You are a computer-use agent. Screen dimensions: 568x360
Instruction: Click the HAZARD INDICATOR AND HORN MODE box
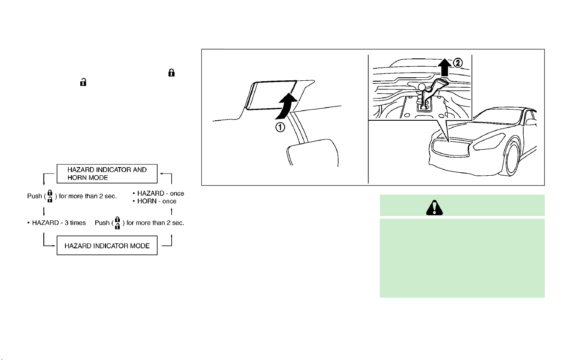coord(107,174)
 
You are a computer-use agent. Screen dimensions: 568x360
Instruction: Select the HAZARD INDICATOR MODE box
coord(107,246)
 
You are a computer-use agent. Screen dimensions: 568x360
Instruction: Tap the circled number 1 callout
coord(280,127)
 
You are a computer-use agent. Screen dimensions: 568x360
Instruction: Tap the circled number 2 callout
coord(458,63)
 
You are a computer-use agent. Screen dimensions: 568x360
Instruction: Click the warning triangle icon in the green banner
coord(434,208)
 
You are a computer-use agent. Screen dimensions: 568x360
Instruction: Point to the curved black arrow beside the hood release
coord(286,107)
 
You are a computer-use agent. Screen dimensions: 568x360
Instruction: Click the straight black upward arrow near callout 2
coord(444,67)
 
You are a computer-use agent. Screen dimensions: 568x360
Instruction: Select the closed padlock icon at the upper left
coord(171,73)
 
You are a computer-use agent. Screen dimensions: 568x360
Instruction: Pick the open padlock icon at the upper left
coord(83,82)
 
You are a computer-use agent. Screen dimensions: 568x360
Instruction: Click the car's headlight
coord(489,142)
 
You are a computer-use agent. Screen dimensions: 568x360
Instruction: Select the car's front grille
coord(451,148)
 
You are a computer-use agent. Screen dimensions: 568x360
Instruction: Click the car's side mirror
coord(531,122)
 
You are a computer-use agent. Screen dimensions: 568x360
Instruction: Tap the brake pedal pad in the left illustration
coord(313,153)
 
